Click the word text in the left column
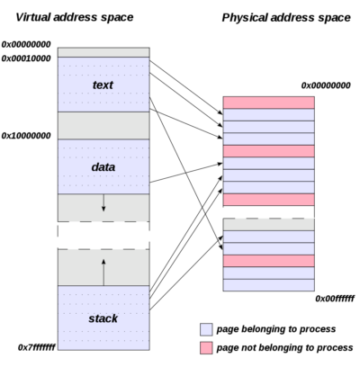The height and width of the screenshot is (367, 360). coord(103,85)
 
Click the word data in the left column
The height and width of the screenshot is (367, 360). coord(103,166)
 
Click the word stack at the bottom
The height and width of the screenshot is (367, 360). coord(103,318)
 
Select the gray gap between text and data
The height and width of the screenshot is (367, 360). coord(103,125)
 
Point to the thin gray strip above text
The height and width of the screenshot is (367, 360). coord(103,52)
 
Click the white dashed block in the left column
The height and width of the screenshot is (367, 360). coord(103,235)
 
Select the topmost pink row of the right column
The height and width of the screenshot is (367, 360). coord(268,103)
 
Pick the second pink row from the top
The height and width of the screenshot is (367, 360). coord(268,151)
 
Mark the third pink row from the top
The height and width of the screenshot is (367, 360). coord(268,200)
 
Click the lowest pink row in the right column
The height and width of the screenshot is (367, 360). coord(268,261)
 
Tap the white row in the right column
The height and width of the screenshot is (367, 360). coord(268,212)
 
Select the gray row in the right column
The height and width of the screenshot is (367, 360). coord(268,224)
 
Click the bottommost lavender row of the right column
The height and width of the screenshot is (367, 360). coord(268,285)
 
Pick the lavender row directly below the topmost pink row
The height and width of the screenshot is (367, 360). coord(268,115)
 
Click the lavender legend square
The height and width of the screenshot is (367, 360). coord(206,329)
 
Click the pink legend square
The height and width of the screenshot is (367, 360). coord(206,347)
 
